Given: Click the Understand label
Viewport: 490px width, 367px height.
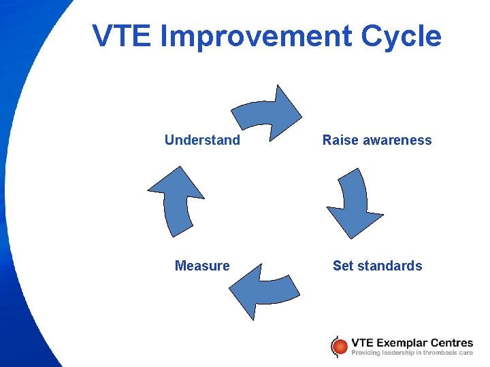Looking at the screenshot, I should click(202, 141).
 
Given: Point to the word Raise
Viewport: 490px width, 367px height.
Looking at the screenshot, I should click(338, 141).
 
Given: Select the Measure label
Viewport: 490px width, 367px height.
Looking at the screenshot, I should click(202, 266).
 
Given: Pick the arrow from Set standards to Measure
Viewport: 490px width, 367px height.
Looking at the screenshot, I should click(262, 289).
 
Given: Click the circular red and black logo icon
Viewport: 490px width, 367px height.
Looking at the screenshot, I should click(338, 347).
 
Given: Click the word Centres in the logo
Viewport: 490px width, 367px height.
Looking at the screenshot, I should click(451, 343).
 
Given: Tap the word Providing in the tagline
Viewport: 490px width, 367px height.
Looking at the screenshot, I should click(367, 353).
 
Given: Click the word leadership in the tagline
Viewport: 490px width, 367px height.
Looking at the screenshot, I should click(399, 353).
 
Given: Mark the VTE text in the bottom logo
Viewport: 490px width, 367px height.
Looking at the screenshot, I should click(361, 343).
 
